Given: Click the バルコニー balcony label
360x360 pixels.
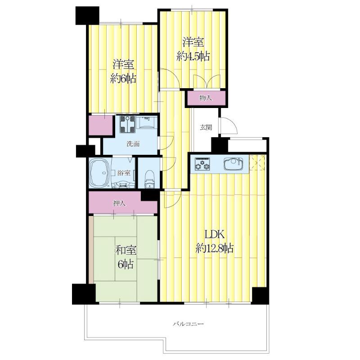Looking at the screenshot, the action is tap(188, 324).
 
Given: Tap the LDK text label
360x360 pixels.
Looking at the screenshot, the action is tap(215, 234).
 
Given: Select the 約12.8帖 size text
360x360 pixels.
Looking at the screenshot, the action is tap(215, 248).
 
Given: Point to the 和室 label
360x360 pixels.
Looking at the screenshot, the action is tap(126, 250).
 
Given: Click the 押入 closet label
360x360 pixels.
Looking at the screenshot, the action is tap(120, 203).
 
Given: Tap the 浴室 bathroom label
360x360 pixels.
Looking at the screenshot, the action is tap(124, 173).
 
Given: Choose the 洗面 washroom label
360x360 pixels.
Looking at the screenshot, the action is tap(133, 144).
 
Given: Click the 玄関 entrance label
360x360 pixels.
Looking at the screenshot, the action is tap(206, 127).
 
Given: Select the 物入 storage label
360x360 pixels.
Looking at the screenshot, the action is tap(206, 98).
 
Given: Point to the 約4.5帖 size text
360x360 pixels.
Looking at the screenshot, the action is tap(193, 56).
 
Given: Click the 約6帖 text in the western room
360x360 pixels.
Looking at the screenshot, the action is tap(123, 79).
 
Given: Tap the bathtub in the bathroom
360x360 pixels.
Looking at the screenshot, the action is tap(99, 172).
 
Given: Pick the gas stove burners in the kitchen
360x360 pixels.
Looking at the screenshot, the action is tap(202, 164).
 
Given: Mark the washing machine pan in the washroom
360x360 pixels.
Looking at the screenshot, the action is tap(127, 124).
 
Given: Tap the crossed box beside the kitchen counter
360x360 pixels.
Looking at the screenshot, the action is tap(257, 163).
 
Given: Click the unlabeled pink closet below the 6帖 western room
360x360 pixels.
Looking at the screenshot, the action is tap(101, 126).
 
